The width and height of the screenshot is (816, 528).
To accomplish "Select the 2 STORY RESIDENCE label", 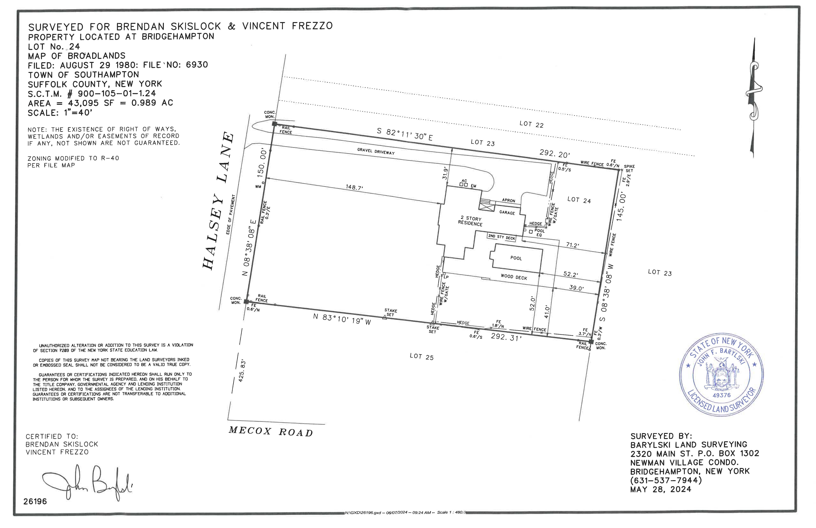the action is point(470,221).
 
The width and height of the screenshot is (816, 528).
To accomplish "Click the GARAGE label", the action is point(507,213).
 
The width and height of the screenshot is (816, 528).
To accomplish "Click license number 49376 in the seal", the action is point(722,395).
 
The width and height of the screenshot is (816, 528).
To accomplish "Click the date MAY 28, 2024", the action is point(661,489).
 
